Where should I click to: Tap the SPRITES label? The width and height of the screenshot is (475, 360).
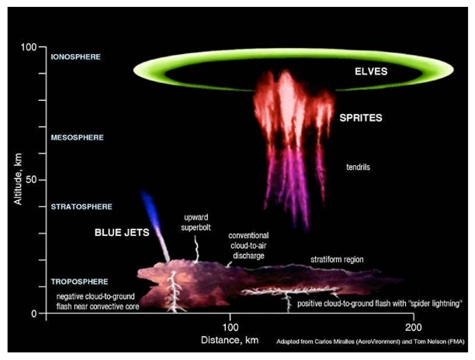pyautogui.click(x=360, y=118)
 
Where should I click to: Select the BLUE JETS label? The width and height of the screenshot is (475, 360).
pyautogui.click(x=121, y=232)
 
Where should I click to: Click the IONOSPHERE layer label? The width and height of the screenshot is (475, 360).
pyautogui.click(x=76, y=57)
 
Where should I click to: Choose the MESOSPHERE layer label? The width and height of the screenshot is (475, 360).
pyautogui.click(x=77, y=137)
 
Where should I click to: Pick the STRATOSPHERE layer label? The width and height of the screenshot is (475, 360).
pyautogui.click(x=81, y=206)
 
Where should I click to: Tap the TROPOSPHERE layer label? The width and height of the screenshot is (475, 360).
pyautogui.click(x=79, y=282)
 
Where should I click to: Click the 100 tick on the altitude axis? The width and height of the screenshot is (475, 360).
pyautogui.click(x=27, y=47)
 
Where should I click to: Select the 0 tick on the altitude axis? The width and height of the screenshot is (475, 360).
pyautogui.click(x=34, y=313)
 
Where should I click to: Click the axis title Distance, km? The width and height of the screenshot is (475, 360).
pyautogui.click(x=228, y=339)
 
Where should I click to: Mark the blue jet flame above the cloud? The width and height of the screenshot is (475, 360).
pyautogui.click(x=149, y=208)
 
